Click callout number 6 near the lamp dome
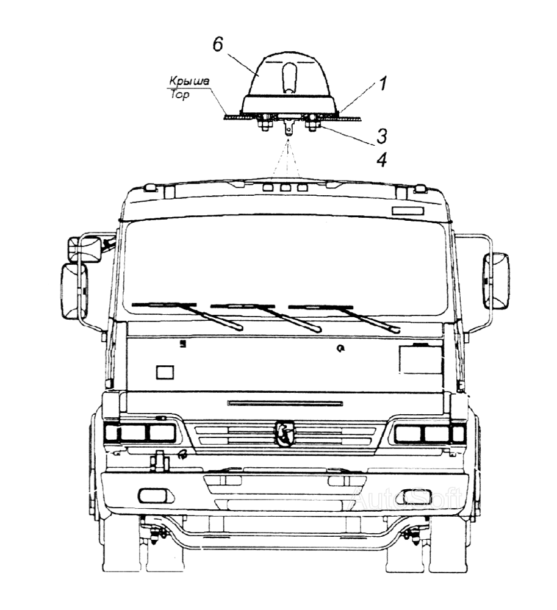[218, 45]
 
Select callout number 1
[383, 83]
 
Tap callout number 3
[381, 136]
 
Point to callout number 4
[382, 160]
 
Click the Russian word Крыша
[189, 81]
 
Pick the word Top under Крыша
[180, 95]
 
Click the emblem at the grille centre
[284, 432]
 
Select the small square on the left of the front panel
[165, 372]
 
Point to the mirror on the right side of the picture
[496, 281]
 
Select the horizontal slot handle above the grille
[285, 403]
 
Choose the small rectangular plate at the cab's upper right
[407, 211]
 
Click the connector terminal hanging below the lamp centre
[288, 127]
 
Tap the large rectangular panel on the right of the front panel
[421, 359]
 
